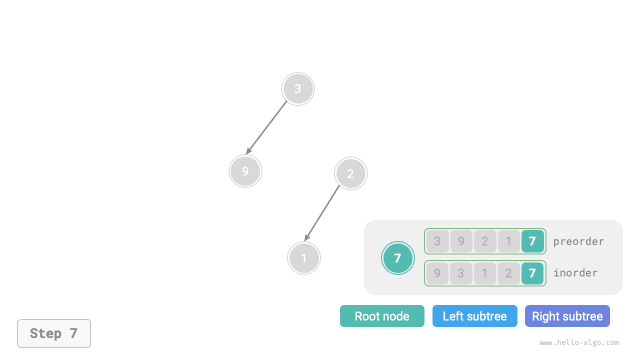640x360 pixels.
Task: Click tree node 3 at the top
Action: coord(298,89)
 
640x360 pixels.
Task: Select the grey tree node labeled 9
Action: coord(245,171)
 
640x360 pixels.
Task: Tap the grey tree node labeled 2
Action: coord(351,173)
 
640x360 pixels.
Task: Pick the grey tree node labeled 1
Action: coord(304,258)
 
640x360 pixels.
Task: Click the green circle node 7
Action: coord(398,258)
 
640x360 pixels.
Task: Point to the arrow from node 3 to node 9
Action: coord(267,127)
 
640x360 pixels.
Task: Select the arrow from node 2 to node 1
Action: coord(322,213)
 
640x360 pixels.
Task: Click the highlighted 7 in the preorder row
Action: coord(532,241)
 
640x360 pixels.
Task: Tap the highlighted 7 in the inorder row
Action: coord(532,273)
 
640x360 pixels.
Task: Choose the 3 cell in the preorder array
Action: coord(437,241)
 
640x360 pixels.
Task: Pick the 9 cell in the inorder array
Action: coord(437,273)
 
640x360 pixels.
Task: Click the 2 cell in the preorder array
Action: coord(485,241)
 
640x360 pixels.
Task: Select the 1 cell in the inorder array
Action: coord(485,273)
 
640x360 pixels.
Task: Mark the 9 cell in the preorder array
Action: coord(461,241)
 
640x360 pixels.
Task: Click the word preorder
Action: coord(578,241)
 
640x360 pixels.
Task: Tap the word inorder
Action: coord(575,273)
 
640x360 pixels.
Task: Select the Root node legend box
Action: coord(382,316)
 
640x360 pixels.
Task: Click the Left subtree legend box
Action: coord(475,316)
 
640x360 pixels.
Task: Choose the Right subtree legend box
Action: coord(567,316)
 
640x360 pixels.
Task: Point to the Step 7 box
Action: coord(54,333)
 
